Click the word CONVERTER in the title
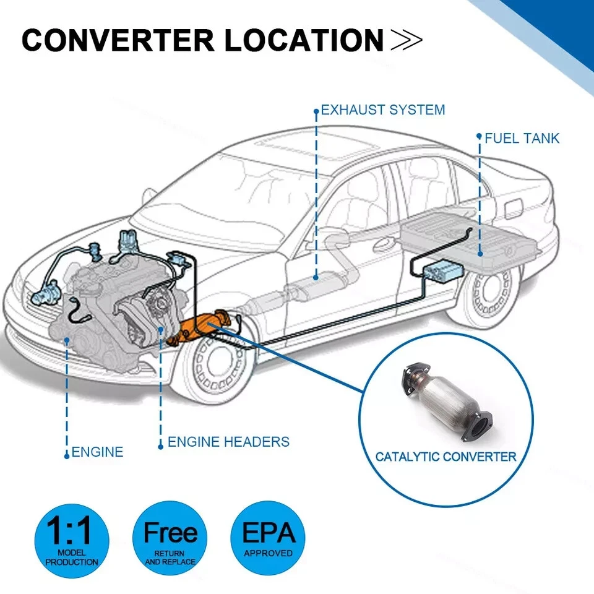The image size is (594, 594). tap(118, 40)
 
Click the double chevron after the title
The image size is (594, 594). tap(407, 40)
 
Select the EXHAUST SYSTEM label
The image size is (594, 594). tap(382, 111)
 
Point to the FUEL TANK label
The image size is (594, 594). tap(521, 138)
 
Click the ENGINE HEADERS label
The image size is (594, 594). tap(228, 442)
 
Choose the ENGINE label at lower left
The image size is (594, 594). tap(97, 452)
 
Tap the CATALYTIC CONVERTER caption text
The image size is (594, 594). tap(445, 457)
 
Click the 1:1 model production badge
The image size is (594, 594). tap(71, 536)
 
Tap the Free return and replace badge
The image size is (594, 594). tap(170, 536)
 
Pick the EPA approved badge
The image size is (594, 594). tap(268, 536)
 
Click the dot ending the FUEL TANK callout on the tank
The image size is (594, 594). tap(480, 252)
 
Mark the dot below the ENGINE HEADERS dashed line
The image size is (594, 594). tap(161, 445)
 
